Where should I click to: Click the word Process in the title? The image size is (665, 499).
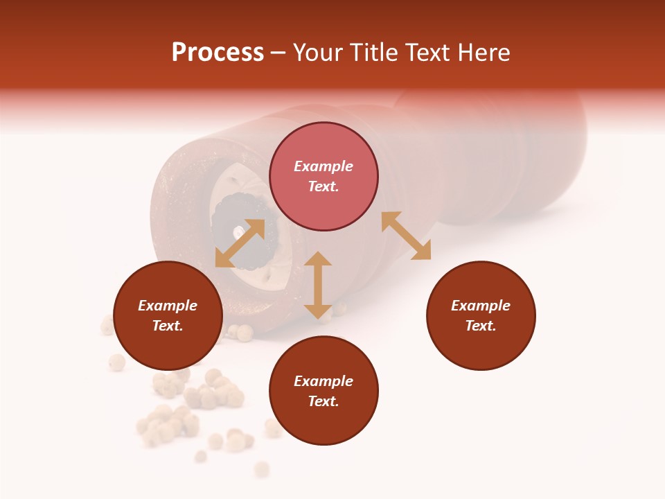(218, 53)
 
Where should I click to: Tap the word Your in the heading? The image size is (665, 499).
(319, 53)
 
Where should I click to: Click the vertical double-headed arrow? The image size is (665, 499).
(318, 285)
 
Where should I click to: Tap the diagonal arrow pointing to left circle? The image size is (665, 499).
(240, 243)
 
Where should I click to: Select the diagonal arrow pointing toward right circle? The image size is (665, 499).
(406, 236)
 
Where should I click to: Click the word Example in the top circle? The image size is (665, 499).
(323, 166)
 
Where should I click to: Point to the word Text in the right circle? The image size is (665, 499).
(481, 326)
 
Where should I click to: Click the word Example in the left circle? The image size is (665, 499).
(168, 306)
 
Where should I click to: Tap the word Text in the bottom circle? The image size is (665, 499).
(323, 401)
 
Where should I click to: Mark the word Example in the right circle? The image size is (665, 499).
(481, 306)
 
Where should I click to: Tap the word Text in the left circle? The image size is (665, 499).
(168, 326)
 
